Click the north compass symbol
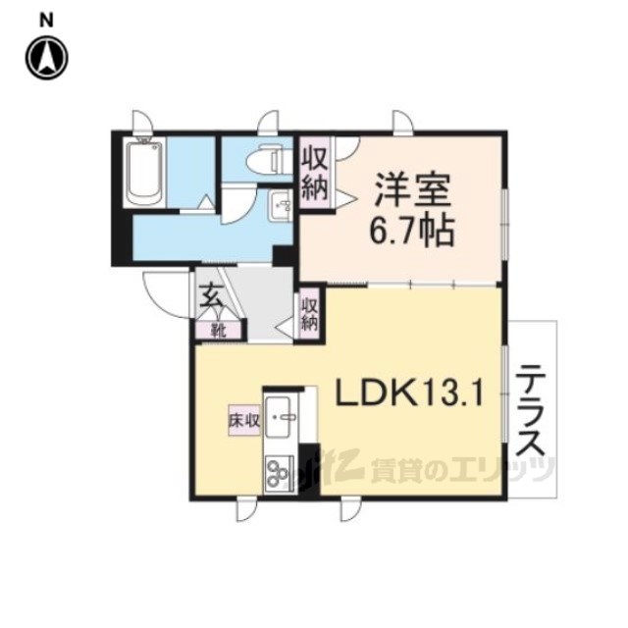pyautogui.click(x=47, y=58)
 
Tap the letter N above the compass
pyautogui.click(x=46, y=21)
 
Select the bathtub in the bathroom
pyautogui.click(x=144, y=173)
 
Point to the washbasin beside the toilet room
pyautogui.click(x=282, y=205)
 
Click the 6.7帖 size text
pyautogui.click(x=412, y=232)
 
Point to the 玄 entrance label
pyautogui.click(x=209, y=295)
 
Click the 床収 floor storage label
pyautogui.click(x=244, y=420)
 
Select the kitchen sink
pyautogui.click(x=282, y=417)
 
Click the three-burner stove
pyautogui.click(x=279, y=473)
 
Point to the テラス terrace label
pyautogui.click(x=531, y=410)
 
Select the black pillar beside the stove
pyautogui.click(x=309, y=471)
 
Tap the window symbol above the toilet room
pyautogui.click(x=268, y=123)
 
